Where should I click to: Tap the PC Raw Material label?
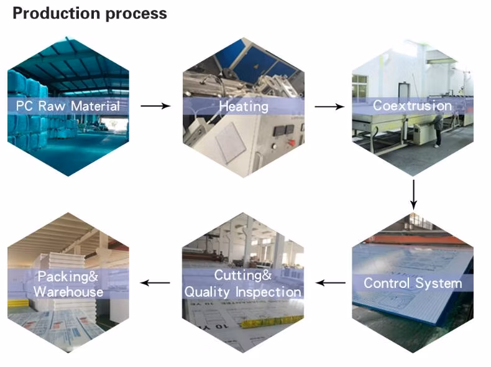68,106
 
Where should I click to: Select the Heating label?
243,106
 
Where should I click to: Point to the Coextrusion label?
412,106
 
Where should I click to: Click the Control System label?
413,284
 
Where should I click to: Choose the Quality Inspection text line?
242,291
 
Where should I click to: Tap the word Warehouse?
68,291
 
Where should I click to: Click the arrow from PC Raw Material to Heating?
155,106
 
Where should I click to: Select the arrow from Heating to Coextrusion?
329,106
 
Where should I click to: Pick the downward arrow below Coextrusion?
413,194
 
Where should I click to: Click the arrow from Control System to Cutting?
331,283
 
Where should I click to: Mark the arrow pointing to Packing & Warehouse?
155,283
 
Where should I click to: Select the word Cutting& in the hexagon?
243,276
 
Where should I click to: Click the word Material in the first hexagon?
94,106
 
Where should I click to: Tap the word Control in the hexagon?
387,284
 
